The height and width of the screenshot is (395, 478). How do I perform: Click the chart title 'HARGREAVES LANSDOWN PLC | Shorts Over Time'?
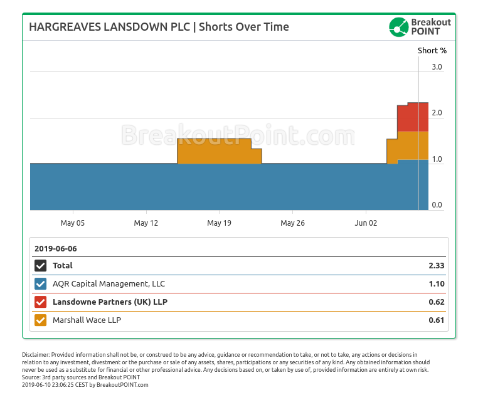pyautogui.click(x=159, y=27)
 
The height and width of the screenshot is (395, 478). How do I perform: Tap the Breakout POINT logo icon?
pyautogui.click(x=399, y=27)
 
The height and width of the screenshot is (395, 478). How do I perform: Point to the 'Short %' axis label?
pyautogui.click(x=432, y=50)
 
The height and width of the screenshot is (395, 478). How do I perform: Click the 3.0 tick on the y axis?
pyautogui.click(x=437, y=67)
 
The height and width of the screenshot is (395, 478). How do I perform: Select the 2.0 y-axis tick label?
pyautogui.click(x=437, y=113)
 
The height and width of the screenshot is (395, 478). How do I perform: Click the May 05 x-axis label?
pyautogui.click(x=73, y=223)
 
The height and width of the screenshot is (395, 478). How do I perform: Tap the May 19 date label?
pyautogui.click(x=219, y=223)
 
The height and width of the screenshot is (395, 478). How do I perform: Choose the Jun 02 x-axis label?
pyautogui.click(x=366, y=223)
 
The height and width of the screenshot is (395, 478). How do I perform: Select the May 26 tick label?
pyautogui.click(x=292, y=223)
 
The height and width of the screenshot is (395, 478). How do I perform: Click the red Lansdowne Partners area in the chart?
pyautogui.click(x=413, y=117)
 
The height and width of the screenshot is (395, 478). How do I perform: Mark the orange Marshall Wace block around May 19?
pyautogui.click(x=213, y=150)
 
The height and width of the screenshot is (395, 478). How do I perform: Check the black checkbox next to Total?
pyautogui.click(x=41, y=266)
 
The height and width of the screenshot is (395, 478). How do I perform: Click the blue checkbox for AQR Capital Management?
pyautogui.click(x=41, y=284)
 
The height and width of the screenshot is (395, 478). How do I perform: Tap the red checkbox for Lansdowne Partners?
pyautogui.click(x=41, y=302)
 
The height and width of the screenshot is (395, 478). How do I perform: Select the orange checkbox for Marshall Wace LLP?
pyautogui.click(x=41, y=320)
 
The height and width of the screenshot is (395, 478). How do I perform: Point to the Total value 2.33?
pyautogui.click(x=437, y=266)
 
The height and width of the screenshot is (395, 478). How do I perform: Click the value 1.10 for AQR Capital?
pyautogui.click(x=437, y=284)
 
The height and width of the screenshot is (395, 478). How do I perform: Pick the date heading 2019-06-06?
pyautogui.click(x=56, y=248)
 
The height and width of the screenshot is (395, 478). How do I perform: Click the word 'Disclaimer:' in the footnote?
pyautogui.click(x=36, y=355)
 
